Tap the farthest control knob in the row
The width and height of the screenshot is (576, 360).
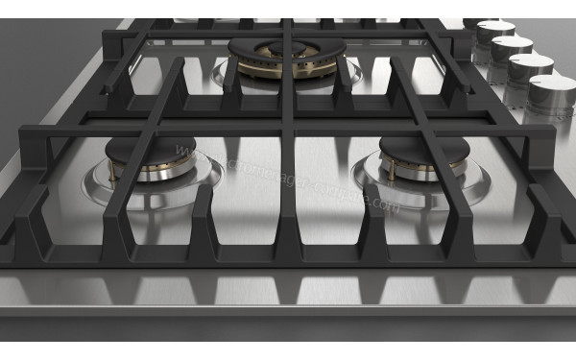pyautogui.click(x=495, y=33)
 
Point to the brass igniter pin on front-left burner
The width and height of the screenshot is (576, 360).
pyautogui.click(x=114, y=174)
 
